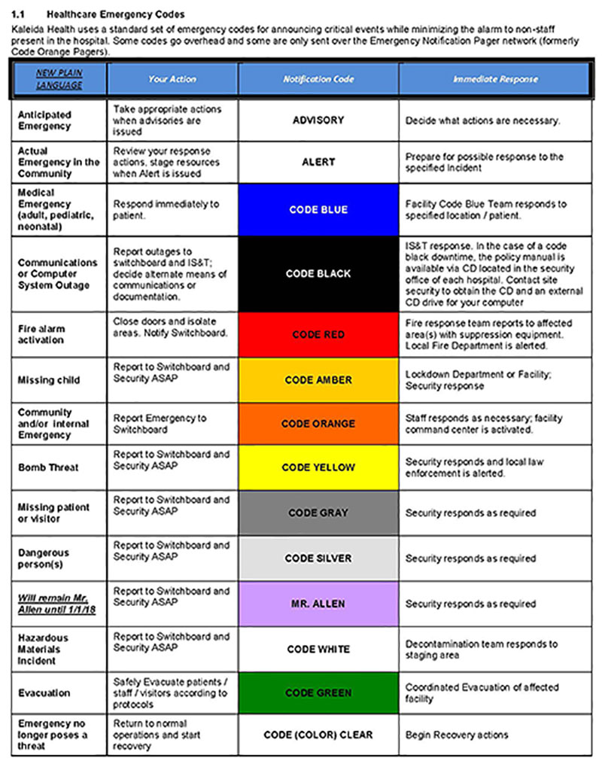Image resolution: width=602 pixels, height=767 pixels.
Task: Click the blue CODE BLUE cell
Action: pyautogui.click(x=318, y=210)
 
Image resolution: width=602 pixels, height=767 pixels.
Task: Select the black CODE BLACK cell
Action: pyautogui.click(x=318, y=274)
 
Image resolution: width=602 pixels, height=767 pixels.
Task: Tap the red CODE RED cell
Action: pyautogui.click(x=318, y=334)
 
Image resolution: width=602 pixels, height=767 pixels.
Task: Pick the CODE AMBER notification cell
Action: pyautogui.click(x=318, y=380)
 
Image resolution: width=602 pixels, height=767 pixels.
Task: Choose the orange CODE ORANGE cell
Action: pyautogui.click(x=318, y=424)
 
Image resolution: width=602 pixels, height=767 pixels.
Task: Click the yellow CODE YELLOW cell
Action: pyautogui.click(x=318, y=467)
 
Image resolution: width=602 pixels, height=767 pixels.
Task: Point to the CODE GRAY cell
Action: pyautogui.click(x=318, y=513)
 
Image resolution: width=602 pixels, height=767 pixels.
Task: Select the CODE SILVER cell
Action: pyautogui.click(x=318, y=559)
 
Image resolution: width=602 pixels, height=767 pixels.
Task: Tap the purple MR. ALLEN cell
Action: pyautogui.click(x=318, y=604)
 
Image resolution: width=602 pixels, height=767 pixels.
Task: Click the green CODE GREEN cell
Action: pyautogui.click(x=318, y=693)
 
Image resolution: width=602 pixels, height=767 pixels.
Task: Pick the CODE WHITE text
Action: pyautogui.click(x=318, y=649)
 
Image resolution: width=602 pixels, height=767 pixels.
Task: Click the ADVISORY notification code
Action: pyautogui.click(x=318, y=120)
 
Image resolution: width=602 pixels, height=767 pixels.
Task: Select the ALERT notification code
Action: pyautogui.click(x=318, y=162)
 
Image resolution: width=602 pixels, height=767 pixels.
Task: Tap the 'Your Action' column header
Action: pyautogui.click(x=172, y=79)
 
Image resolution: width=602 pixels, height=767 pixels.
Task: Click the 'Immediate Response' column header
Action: pyautogui.click(x=495, y=79)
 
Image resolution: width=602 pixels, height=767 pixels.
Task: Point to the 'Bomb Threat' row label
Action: pyautogui.click(x=48, y=467)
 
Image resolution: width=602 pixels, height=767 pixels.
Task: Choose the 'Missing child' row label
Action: pyautogui.click(x=49, y=380)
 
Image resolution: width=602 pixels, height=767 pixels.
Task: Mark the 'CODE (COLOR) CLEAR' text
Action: pyautogui.click(x=318, y=735)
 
